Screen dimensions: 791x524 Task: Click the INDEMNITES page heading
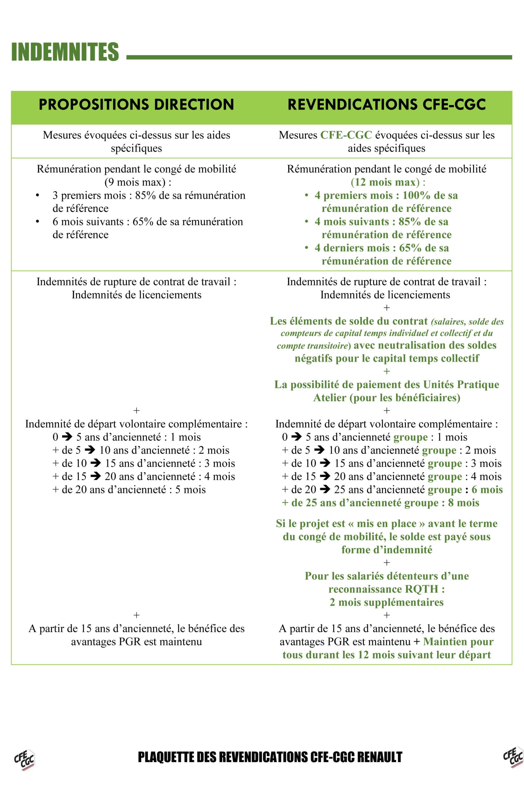[x=65, y=52]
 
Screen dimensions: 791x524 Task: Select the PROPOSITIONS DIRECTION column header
[x=136, y=104]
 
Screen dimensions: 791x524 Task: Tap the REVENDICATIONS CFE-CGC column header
[x=387, y=104]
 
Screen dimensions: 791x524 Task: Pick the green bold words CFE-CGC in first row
[x=346, y=135]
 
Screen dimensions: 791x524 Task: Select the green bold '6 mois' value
[x=487, y=490]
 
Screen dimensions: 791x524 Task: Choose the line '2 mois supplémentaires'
[x=387, y=602]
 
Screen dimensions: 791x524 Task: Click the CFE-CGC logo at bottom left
[x=24, y=760]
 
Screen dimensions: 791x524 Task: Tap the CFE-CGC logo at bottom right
[x=513, y=757]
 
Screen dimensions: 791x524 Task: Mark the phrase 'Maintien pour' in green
[x=458, y=642]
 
